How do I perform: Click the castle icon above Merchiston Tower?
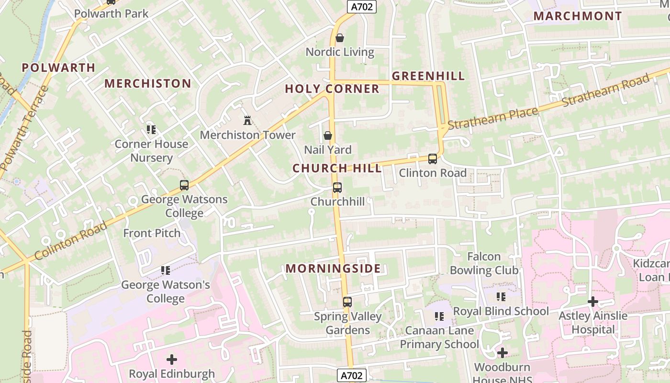[247, 120]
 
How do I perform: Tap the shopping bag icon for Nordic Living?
[340, 37]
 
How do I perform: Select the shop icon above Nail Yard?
[328, 135]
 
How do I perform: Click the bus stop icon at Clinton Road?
[433, 158]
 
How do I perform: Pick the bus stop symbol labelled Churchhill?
[337, 187]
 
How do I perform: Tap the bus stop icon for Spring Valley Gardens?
[347, 302]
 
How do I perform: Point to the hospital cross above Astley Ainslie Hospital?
[593, 302]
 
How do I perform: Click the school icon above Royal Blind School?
[501, 297]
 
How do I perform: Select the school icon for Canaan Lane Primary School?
[439, 316]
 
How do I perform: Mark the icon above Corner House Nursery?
[152, 129]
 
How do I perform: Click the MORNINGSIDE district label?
[333, 269]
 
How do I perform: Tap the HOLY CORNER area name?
[332, 89]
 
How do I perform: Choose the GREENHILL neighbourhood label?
[428, 76]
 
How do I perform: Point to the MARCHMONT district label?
[578, 16]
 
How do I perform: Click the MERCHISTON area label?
[148, 83]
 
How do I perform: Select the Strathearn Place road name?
[493, 118]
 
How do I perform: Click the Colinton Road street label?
[71, 241]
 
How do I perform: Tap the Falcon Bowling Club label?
[484, 263]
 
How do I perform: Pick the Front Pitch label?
[152, 233]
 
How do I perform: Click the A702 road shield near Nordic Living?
[361, 6]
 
